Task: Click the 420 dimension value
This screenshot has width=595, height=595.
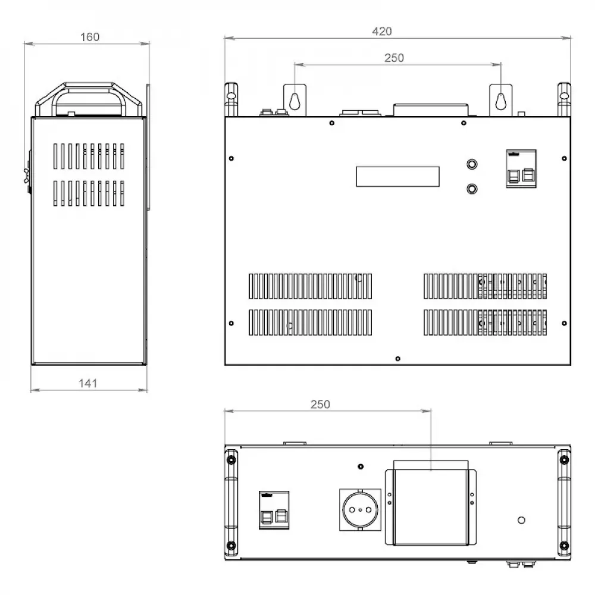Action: click(382, 31)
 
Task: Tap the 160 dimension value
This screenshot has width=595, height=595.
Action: click(90, 37)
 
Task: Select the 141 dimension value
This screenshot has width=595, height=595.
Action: click(88, 383)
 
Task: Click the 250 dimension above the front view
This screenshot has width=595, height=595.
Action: click(394, 58)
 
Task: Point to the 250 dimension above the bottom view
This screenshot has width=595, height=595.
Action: click(320, 404)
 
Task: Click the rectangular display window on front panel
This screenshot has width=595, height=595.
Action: click(397, 177)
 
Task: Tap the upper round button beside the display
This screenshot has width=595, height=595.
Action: click(472, 164)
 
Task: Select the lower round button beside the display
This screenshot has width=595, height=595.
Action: click(472, 189)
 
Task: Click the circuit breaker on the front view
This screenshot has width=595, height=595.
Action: click(521, 168)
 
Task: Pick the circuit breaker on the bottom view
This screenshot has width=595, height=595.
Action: click(274, 510)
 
